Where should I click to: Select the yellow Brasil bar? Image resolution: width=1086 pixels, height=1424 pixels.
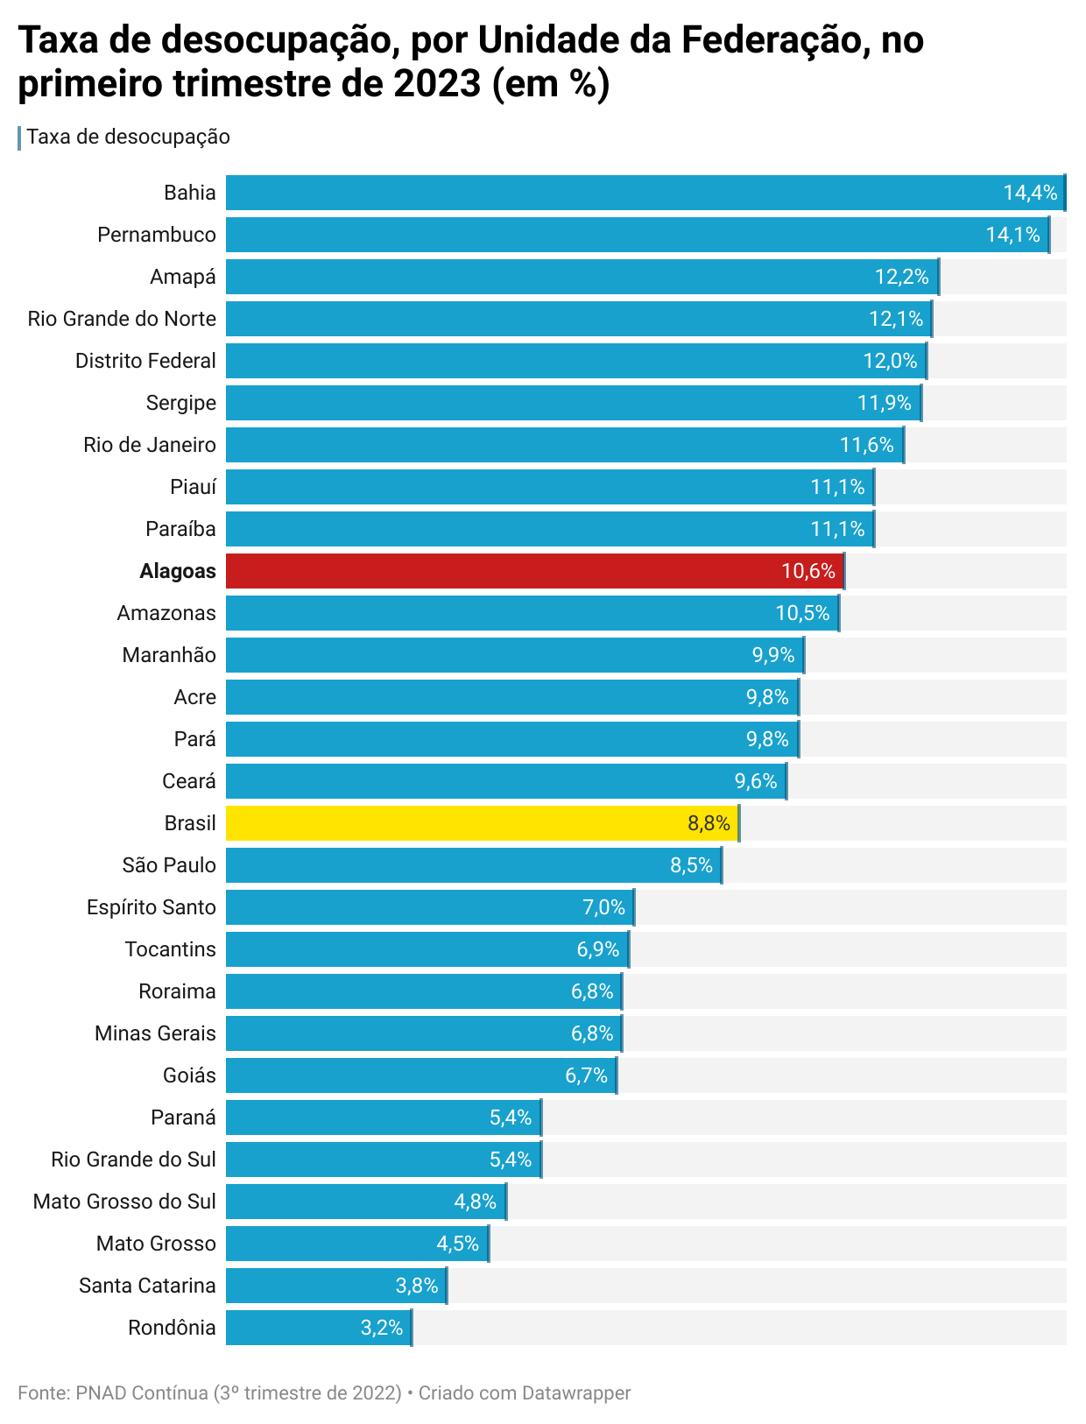(x=455, y=823)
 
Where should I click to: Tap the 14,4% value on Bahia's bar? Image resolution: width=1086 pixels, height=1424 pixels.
(x=1030, y=193)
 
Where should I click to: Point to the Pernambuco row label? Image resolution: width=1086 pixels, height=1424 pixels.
(x=157, y=235)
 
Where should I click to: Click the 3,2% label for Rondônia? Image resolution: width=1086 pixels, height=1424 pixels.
(x=382, y=1328)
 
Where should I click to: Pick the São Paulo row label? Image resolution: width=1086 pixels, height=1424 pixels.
(x=169, y=865)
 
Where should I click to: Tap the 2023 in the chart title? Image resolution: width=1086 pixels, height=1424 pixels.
(x=437, y=84)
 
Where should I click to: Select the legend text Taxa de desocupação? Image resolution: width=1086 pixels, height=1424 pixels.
(x=129, y=137)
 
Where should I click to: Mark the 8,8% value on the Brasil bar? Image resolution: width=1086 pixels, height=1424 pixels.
(x=709, y=823)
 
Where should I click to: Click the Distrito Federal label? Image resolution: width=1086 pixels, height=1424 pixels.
(x=145, y=361)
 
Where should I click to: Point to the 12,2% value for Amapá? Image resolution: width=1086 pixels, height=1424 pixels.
(x=901, y=277)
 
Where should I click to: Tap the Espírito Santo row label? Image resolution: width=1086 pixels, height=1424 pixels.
(x=152, y=907)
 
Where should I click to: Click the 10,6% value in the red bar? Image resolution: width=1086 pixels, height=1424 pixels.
(x=807, y=571)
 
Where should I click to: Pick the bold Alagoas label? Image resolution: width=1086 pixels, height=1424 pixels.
(x=178, y=571)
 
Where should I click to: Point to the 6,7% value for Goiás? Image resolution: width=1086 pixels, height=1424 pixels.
(x=586, y=1075)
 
